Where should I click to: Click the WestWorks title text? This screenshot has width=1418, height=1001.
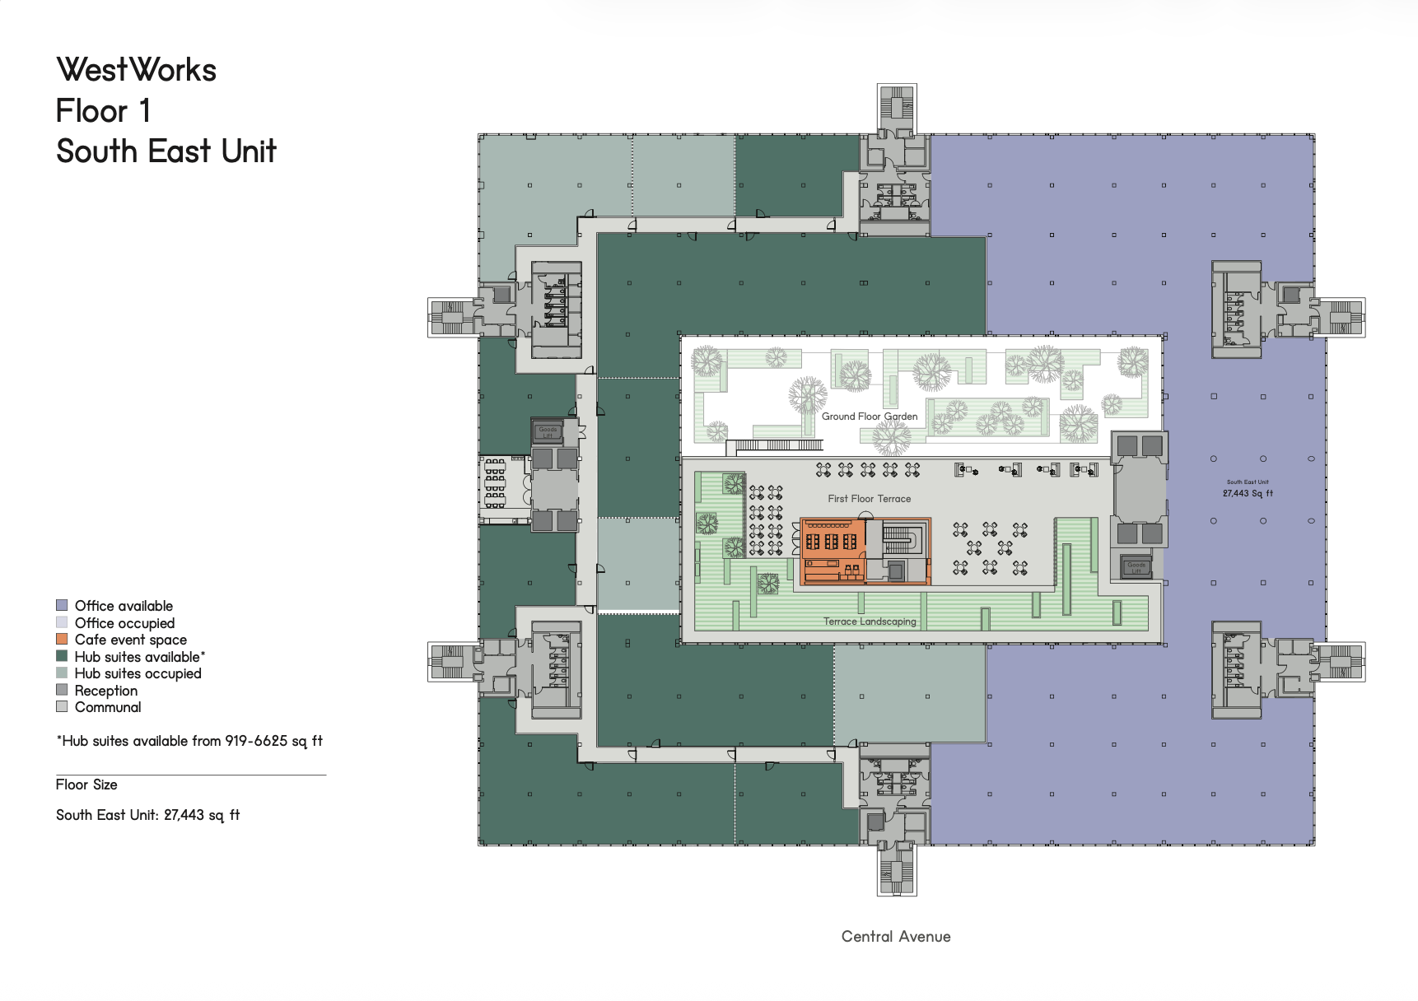136,70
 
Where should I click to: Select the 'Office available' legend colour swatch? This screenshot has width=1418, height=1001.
62,606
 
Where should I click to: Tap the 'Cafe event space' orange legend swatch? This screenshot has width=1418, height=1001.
62,640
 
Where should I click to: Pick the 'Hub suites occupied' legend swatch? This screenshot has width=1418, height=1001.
62,673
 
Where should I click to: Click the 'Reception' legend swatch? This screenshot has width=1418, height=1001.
62,690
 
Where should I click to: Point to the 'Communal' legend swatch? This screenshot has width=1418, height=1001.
62,707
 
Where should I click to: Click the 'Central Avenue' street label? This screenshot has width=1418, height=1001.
896,937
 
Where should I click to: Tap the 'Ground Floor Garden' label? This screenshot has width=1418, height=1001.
870,417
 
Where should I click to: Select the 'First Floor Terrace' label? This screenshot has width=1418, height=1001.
870,499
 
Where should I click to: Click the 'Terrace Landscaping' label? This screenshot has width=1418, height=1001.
870,622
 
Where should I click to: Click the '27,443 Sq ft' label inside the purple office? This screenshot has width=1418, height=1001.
1248,494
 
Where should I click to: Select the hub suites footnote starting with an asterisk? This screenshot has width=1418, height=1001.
189,741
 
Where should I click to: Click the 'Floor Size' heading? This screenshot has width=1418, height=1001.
86,785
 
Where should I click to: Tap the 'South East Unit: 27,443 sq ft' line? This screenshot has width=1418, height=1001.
148,815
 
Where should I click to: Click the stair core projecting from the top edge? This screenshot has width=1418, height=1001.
897,108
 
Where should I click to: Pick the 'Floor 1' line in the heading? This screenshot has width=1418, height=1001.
103,111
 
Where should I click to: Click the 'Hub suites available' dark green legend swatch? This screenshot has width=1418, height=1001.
62,656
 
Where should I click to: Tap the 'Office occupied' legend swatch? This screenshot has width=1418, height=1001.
62,622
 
